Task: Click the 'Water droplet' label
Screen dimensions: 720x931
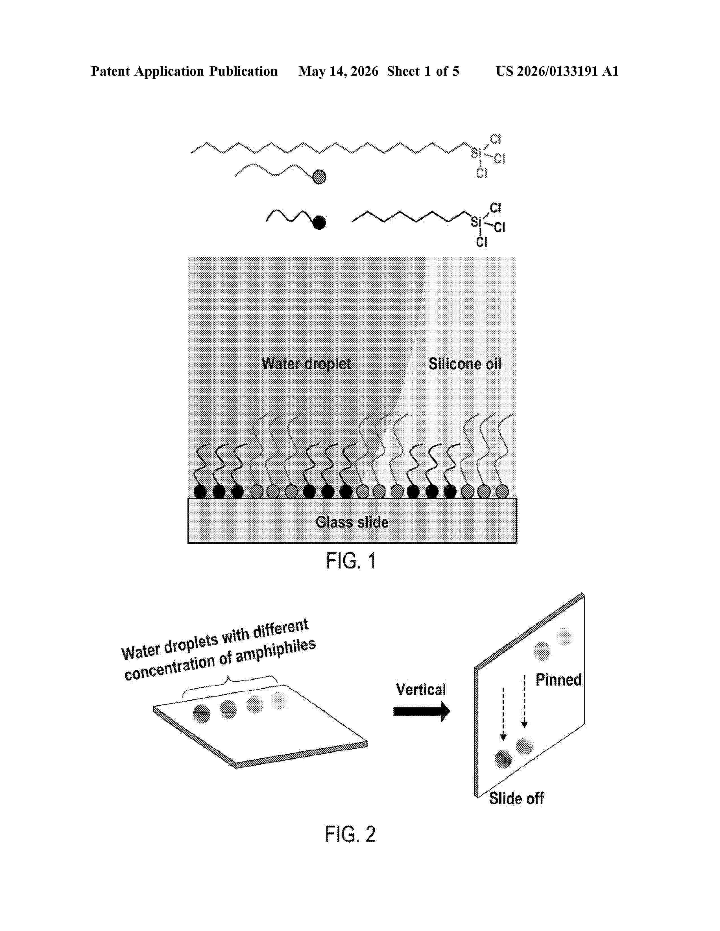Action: click(x=306, y=364)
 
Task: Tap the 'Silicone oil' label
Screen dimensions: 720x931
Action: click(x=465, y=364)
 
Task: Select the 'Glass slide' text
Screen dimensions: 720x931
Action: click(x=352, y=522)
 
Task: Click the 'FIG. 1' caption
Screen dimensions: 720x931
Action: click(x=351, y=561)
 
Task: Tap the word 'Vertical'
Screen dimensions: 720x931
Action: click(x=421, y=689)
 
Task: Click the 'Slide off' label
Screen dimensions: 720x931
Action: click(x=516, y=798)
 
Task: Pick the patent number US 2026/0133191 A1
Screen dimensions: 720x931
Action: click(x=557, y=71)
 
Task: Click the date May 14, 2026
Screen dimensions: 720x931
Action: click(x=338, y=71)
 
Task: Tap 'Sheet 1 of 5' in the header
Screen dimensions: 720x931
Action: click(x=423, y=71)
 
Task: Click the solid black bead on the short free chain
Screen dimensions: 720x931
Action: click(x=319, y=223)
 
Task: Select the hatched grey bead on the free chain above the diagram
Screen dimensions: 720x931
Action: click(x=319, y=177)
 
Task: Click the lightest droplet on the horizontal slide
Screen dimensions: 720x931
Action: click(x=279, y=701)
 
